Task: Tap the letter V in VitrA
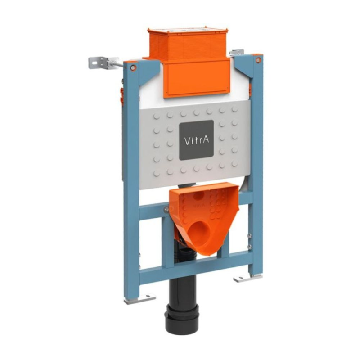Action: coord(187,140)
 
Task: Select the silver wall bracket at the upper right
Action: coord(237,53)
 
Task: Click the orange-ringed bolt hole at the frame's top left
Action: coord(133,67)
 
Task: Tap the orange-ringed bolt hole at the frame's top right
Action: coord(257,60)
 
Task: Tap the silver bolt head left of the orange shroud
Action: coord(166,209)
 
